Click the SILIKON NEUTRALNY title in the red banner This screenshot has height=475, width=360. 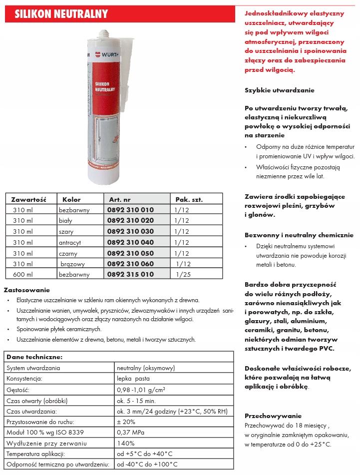pyautogui.click(x=61, y=14)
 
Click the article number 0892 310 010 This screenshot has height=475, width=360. pyautogui.click(x=130, y=210)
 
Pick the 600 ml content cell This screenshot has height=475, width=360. pyautogui.click(x=22, y=274)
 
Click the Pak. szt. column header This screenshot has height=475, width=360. pyautogui.click(x=189, y=199)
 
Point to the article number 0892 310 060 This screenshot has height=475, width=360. pyautogui.click(x=130, y=263)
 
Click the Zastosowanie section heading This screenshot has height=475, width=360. pyautogui.click(x=27, y=290)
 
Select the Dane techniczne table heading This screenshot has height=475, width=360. pyautogui.click(x=34, y=357)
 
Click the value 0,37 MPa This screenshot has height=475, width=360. pyautogui.click(x=131, y=432)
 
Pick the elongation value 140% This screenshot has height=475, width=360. pyautogui.click(x=126, y=443)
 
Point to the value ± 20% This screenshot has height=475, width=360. pyautogui.click(x=126, y=422)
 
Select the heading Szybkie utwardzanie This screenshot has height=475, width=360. pyautogui.click(x=279, y=90)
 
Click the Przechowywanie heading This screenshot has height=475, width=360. pyautogui.click(x=273, y=416)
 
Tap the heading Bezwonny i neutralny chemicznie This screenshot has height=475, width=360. pyautogui.click(x=299, y=235)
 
